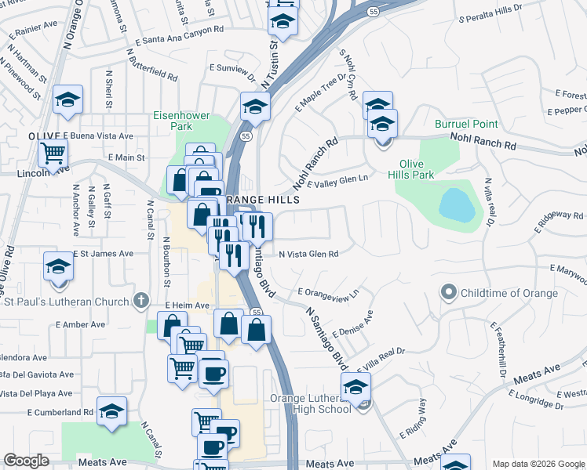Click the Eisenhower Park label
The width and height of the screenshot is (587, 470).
point(181,121)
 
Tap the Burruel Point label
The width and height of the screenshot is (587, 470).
point(466,125)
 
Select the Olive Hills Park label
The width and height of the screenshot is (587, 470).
point(417,170)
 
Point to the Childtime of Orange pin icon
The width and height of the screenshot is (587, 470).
point(449,293)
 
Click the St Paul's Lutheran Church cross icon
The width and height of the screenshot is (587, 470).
point(141,299)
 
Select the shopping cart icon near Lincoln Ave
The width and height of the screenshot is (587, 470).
point(53,154)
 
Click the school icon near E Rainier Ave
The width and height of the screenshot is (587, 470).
point(68,101)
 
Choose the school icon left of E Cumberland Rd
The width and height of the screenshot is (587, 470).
point(112,410)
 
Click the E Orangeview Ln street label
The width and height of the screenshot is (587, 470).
point(328,292)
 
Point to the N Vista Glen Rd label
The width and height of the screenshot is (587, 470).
point(308,254)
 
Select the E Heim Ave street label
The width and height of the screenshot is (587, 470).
point(185,305)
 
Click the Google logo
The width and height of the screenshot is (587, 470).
point(26,461)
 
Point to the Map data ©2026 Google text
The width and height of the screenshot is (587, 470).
point(538,463)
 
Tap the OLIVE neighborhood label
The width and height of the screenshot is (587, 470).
point(45,136)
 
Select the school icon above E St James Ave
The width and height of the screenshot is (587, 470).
point(58,268)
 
